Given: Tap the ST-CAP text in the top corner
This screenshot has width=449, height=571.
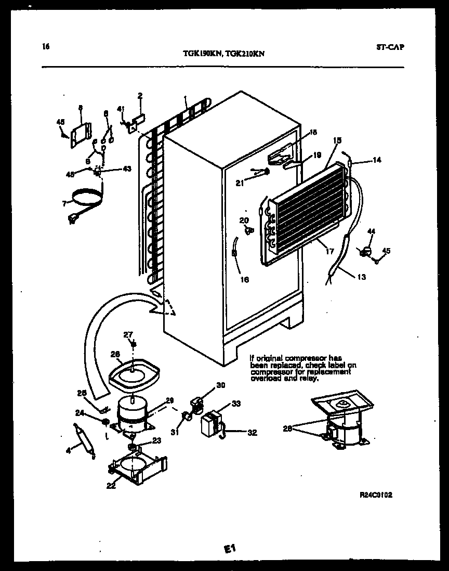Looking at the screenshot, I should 389,47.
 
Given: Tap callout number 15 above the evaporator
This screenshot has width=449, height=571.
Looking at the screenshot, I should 337,140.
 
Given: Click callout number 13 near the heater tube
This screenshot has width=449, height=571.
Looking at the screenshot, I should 361,277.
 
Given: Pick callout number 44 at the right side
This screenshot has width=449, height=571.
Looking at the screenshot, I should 371,231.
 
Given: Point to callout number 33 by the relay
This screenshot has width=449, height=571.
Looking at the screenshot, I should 236,403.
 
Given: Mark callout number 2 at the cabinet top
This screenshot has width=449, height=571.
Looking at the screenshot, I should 140,96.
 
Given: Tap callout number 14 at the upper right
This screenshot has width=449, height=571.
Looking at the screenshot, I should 377,160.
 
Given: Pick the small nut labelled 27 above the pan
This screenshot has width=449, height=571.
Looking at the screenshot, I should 133,344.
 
